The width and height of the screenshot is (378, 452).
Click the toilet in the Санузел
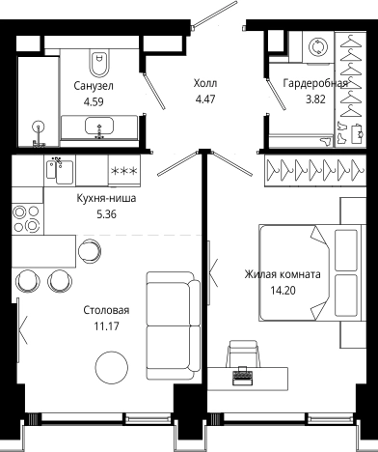pyautogui.click(x=99, y=62)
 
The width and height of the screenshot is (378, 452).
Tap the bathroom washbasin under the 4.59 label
pyautogui.click(x=99, y=127)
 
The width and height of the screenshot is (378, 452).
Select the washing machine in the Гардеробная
pyautogui.click(x=318, y=47)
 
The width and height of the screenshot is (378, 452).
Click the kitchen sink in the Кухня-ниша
pyautogui.click(x=60, y=171)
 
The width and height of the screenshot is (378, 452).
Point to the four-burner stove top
pyautogui.click(x=27, y=219)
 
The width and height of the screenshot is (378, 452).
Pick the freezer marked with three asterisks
pyautogui.click(x=124, y=171)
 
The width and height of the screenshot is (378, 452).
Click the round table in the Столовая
pyautogui.click(x=112, y=367)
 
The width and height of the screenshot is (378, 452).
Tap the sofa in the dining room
pyautogui.click(x=173, y=325)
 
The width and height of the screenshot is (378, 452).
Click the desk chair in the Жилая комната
pyautogui.click(x=243, y=353)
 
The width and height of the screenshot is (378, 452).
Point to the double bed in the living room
pyautogui.click(x=312, y=272)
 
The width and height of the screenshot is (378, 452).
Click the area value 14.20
pyautogui.click(x=283, y=291)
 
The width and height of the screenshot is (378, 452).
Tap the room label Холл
pyautogui.click(x=205, y=83)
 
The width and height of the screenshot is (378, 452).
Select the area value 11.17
pyautogui.click(x=106, y=326)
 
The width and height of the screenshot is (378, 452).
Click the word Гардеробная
pyautogui.click(x=315, y=83)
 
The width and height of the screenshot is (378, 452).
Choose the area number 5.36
pyautogui.click(x=106, y=214)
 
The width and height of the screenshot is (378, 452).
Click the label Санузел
pyautogui.click(x=94, y=86)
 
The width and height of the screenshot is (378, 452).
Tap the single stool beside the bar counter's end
pyautogui.click(x=90, y=251)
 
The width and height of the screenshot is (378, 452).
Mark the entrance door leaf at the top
pyautogui.click(x=215, y=14)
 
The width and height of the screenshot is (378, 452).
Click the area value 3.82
pyautogui.click(x=315, y=99)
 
